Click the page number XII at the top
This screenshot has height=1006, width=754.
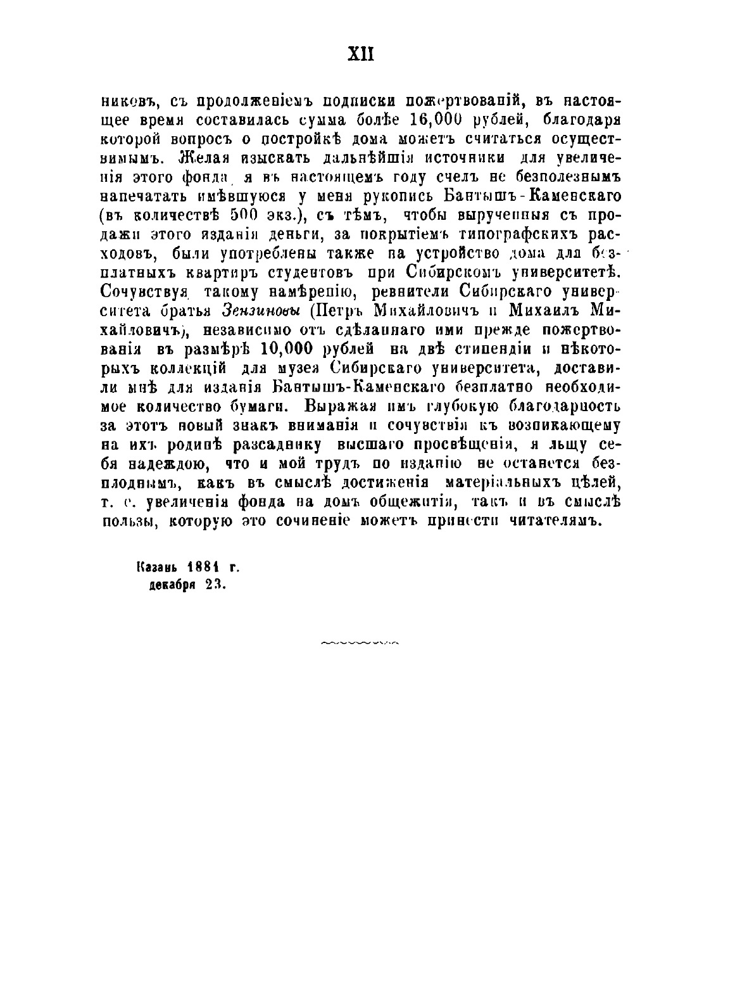tap(361, 54)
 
